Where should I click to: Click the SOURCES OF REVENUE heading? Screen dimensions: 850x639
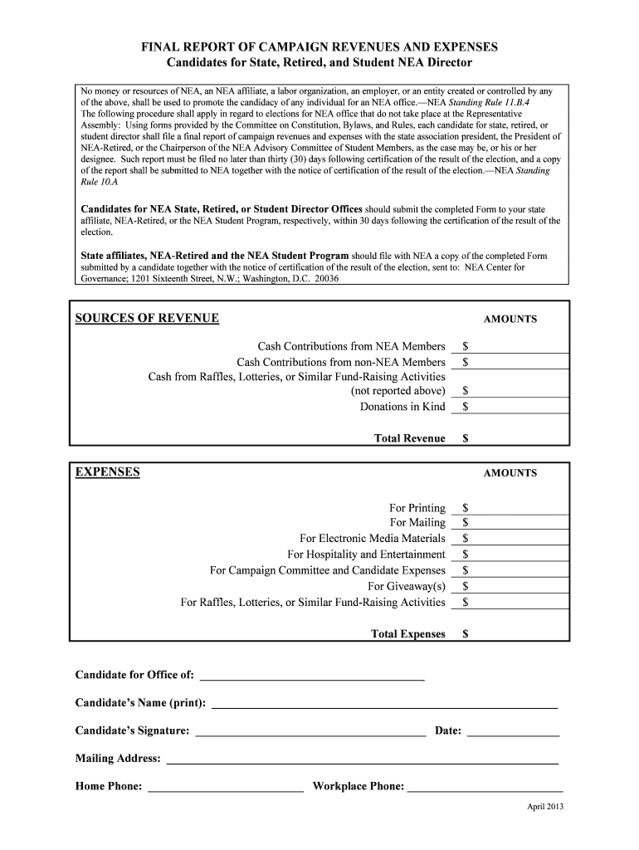(x=147, y=319)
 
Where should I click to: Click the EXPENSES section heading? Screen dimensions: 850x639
(x=107, y=473)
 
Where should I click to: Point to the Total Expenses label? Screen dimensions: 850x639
(x=407, y=634)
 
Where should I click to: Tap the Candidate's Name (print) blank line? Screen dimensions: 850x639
(x=385, y=703)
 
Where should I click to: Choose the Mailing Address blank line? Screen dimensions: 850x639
(x=363, y=758)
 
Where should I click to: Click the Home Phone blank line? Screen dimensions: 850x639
(x=226, y=786)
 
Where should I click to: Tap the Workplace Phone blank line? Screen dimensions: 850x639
(x=485, y=786)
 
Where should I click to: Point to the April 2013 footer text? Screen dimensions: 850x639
(x=545, y=808)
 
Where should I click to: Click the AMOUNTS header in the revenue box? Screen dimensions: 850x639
(x=510, y=320)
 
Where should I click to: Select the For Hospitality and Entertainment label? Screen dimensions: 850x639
(x=366, y=554)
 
